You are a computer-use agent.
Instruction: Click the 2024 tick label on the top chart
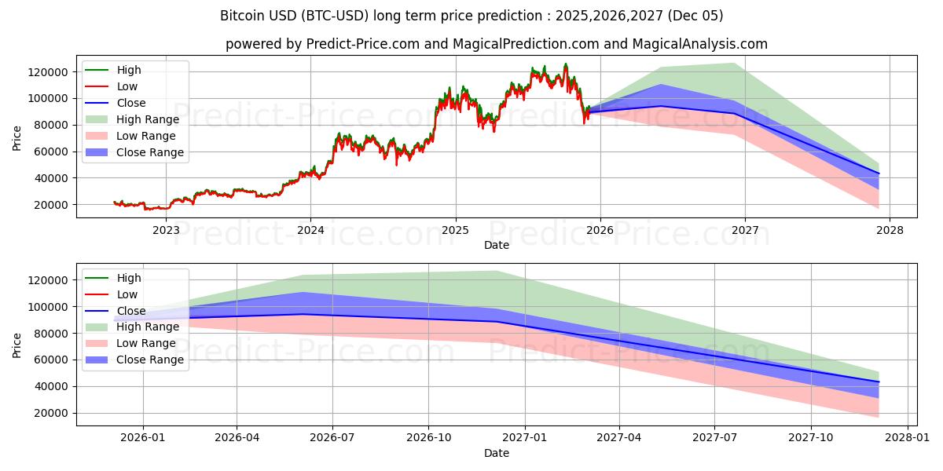[x=310, y=230]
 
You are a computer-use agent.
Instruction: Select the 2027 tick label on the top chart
[x=745, y=230]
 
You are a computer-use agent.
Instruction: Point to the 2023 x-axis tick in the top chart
[x=166, y=230]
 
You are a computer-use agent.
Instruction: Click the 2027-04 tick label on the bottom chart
[x=619, y=438]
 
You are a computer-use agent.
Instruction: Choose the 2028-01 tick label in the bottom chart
[x=908, y=438]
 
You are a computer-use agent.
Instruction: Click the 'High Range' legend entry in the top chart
[x=148, y=119]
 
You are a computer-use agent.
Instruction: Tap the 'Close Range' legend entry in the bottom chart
[x=150, y=360]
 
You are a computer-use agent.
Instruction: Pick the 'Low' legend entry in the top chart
[x=127, y=86]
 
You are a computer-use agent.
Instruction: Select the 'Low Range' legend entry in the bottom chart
[x=146, y=343]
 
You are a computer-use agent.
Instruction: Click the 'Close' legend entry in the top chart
[x=131, y=103]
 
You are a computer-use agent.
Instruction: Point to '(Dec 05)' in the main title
[x=695, y=16]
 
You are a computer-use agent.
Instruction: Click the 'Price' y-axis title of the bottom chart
[x=17, y=345]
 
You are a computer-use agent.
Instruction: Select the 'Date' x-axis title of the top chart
[x=497, y=245]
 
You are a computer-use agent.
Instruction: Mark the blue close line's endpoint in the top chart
[x=879, y=173]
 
